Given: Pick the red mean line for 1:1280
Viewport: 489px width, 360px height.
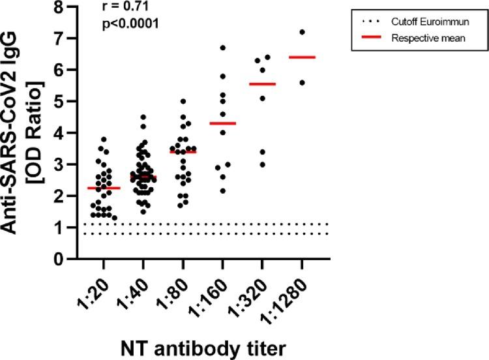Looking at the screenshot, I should tap(302, 57).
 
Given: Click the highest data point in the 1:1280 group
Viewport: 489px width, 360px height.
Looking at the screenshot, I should tap(302, 32).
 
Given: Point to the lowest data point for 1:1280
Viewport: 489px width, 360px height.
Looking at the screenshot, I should tap(302, 83).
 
